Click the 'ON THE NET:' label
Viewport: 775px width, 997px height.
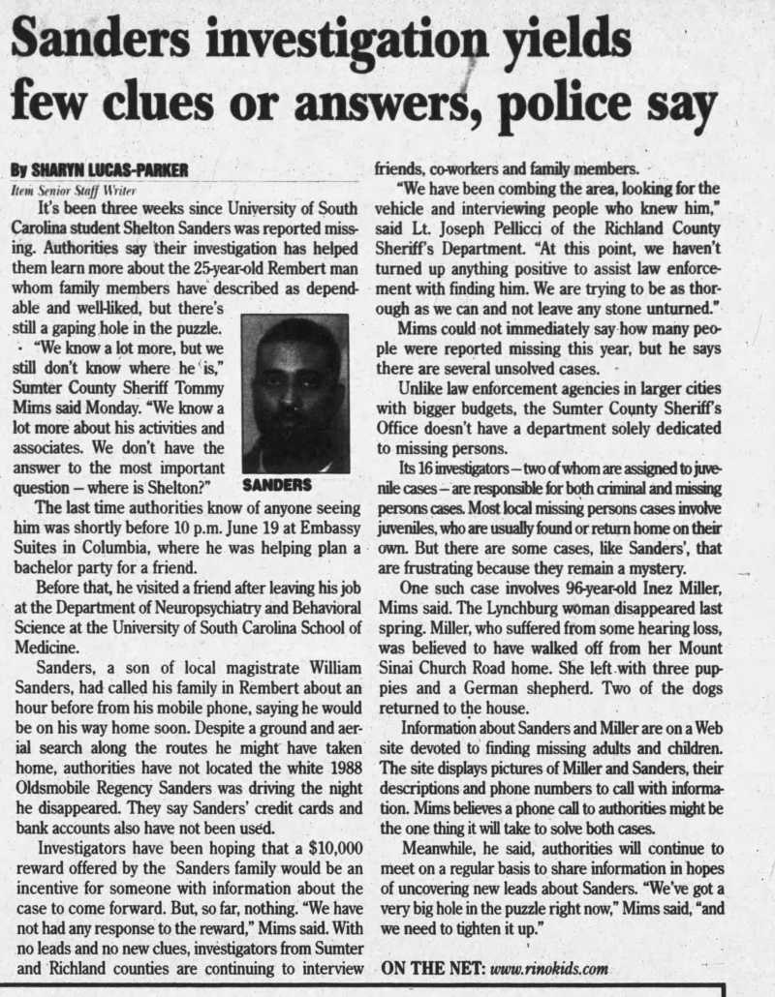pyautogui.click(x=432, y=968)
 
